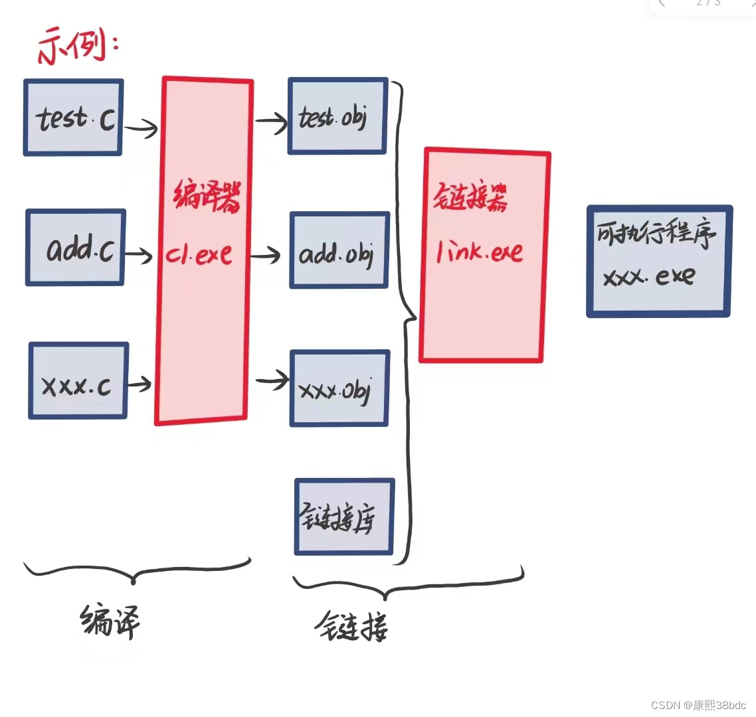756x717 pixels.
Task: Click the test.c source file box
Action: [74, 118]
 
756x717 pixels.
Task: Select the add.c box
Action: [76, 248]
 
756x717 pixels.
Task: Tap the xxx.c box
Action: [78, 381]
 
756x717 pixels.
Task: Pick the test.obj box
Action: [337, 116]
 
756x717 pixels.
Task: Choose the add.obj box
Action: [339, 250]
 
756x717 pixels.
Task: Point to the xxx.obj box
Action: [339, 388]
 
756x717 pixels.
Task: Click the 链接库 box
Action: [344, 517]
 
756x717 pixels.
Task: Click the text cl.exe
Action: [199, 254]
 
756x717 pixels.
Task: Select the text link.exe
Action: [480, 252]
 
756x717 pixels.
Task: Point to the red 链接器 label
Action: [471, 197]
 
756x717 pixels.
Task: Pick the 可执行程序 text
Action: [656, 234]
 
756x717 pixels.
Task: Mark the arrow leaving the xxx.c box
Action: [140, 384]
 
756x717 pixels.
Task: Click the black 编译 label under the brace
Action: [110, 621]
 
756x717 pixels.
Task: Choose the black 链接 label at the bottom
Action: [351, 626]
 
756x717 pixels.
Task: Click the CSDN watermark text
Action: [698, 705]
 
